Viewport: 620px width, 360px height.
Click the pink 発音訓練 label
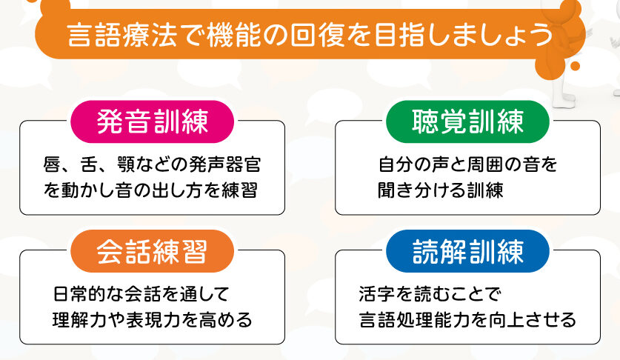(x=153, y=121)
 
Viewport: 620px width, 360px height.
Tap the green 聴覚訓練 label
(x=467, y=121)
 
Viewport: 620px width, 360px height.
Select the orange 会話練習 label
(x=153, y=251)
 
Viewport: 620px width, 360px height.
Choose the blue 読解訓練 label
(x=467, y=251)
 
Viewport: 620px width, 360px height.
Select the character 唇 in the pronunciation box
(x=52, y=164)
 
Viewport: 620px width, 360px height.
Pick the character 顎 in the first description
(x=126, y=164)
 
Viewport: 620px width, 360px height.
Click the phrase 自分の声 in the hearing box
(x=414, y=164)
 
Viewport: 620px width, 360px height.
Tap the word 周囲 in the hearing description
(x=485, y=164)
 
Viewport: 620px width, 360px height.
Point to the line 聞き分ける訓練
(x=441, y=190)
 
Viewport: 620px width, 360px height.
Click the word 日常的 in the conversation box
(x=79, y=294)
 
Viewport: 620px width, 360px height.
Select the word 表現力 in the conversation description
(x=153, y=320)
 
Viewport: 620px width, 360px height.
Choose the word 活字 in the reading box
(x=377, y=294)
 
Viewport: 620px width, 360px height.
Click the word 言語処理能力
(x=413, y=320)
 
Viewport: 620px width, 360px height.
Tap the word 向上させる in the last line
(x=531, y=320)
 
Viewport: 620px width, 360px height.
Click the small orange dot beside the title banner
(x=576, y=66)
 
